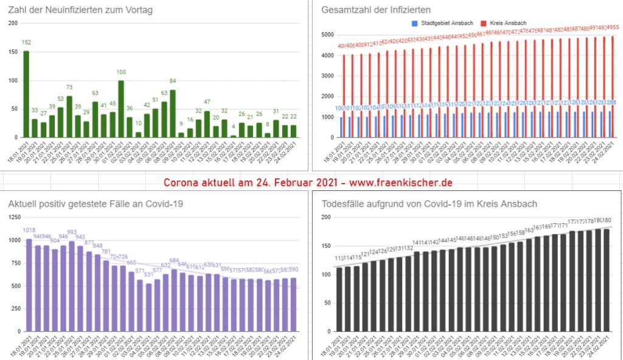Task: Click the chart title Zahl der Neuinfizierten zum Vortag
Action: (x=80, y=10)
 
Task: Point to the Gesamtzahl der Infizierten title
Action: (x=377, y=10)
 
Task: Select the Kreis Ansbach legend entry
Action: (x=506, y=23)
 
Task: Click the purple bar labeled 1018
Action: (x=29, y=286)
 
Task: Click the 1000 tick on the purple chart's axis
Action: (x=15, y=241)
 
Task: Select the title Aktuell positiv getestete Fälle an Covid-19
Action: (x=95, y=204)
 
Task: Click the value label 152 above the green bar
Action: (x=26, y=43)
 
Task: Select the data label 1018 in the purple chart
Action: (x=29, y=230)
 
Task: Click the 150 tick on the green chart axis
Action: (x=13, y=53)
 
